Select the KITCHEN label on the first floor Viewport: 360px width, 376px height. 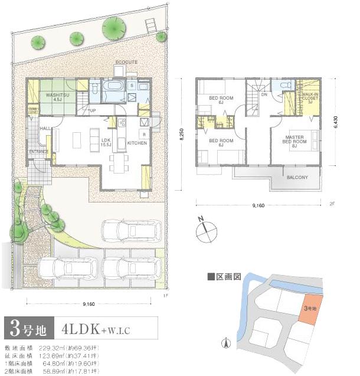coord(137,143)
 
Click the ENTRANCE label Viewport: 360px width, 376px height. coord(39,152)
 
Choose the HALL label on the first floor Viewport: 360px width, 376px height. coord(44,128)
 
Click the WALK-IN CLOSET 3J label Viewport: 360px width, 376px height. coord(311,98)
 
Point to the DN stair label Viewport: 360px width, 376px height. coord(264,94)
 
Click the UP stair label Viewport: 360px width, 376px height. coord(93,110)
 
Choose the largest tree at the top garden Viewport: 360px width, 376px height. coord(113,28)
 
